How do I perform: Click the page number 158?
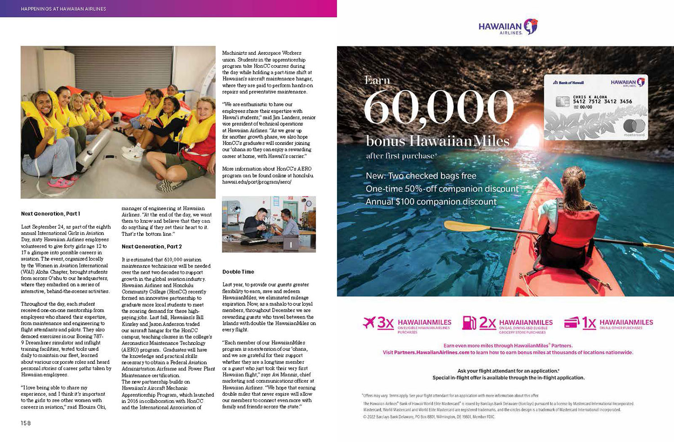[26, 423]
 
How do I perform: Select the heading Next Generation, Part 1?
[50, 214]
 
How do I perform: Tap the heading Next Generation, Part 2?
[151, 247]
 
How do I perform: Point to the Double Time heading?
[238, 272]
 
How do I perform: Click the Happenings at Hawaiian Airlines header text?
[63, 9]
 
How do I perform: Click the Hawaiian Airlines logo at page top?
[508, 27]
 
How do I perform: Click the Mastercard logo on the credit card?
[634, 126]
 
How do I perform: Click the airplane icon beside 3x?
[369, 322]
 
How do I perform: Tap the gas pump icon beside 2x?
[469, 323]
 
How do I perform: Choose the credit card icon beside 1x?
[571, 323]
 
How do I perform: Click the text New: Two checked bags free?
[421, 176]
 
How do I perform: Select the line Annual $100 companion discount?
[431, 202]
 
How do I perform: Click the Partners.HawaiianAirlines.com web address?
[431, 353]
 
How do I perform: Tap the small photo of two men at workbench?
[269, 224]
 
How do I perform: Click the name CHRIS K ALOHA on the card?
[590, 97]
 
